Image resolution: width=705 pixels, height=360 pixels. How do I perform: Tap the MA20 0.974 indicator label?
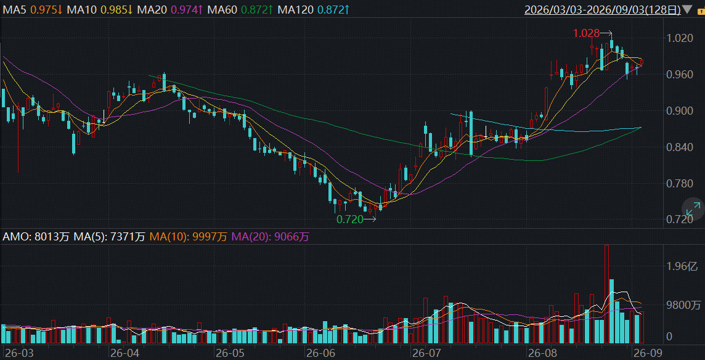click(x=167, y=9)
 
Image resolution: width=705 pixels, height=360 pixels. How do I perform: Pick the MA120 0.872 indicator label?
click(x=313, y=9)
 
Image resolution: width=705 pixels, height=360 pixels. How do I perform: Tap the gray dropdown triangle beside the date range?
click(x=687, y=9)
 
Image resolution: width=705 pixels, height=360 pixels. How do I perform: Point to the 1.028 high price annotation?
click(x=587, y=33)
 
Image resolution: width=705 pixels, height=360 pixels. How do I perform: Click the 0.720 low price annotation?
click(x=350, y=219)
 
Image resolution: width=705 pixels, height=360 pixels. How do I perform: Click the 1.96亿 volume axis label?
click(x=682, y=267)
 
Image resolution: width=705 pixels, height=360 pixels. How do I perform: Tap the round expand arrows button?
click(x=693, y=209)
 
